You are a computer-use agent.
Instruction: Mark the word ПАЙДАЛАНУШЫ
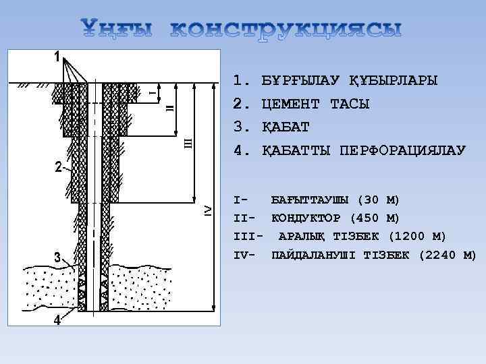pos(315,255)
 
